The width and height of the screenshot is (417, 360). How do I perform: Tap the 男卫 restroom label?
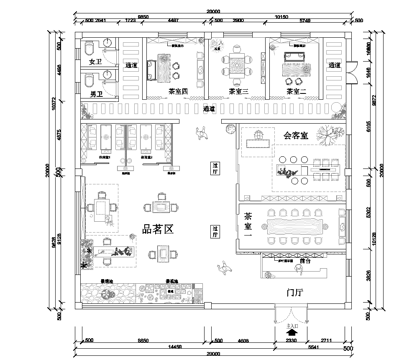click(x=97, y=92)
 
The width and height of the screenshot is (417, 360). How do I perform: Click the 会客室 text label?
click(x=296, y=134)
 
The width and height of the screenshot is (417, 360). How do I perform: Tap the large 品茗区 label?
click(x=162, y=229)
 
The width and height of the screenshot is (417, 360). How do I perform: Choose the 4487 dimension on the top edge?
click(x=174, y=18)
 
